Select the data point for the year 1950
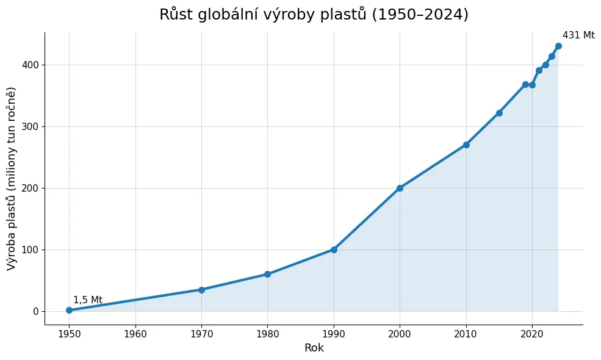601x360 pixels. click(x=70, y=310)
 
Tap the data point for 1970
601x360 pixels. click(x=201, y=290)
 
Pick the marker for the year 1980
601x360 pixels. click(x=267, y=274)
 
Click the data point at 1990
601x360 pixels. click(x=334, y=250)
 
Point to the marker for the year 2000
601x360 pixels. click(x=400, y=189)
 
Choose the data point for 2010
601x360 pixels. click(x=466, y=145)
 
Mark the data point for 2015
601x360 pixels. click(x=499, y=113)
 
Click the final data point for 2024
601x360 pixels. click(x=558, y=46)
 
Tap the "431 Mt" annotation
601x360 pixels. click(x=579, y=35)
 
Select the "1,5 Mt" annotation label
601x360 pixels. click(x=88, y=300)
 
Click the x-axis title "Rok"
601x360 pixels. click(x=314, y=348)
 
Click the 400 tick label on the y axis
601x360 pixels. click(x=31, y=65)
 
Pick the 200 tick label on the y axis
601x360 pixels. click(x=31, y=189)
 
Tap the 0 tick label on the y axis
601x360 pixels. click(x=36, y=312)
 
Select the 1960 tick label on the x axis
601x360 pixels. click(x=135, y=334)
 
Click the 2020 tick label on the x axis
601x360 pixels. click(x=532, y=334)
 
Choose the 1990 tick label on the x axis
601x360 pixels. click(x=334, y=334)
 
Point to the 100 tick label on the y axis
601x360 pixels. click(x=31, y=250)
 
